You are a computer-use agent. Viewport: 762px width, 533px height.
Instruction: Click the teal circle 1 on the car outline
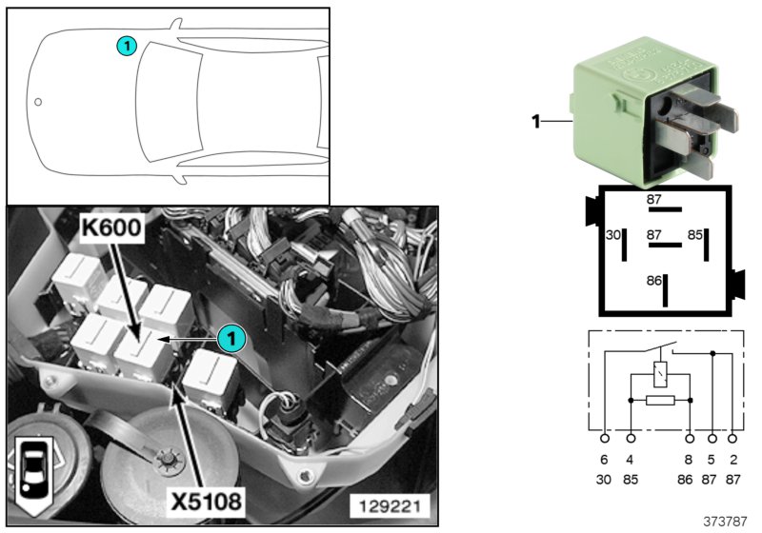pos(126,45)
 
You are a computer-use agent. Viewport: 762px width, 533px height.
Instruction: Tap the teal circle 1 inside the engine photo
pos(228,336)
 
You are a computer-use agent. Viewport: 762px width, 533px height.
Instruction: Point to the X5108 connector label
pos(202,499)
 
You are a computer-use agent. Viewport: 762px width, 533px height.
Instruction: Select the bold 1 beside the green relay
pos(535,121)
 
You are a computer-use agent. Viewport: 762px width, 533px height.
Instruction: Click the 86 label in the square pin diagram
pos(654,282)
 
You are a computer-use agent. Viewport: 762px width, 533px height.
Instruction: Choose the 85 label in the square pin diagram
pos(695,234)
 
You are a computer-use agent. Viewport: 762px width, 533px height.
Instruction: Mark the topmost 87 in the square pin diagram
pos(654,199)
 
